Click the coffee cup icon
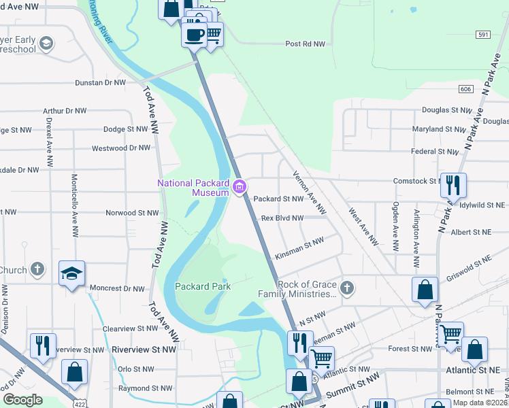(x=194, y=34)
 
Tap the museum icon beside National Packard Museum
(x=240, y=187)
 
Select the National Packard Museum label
(x=193, y=188)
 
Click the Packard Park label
(x=202, y=286)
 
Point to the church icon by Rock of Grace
(x=347, y=288)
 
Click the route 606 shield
(x=465, y=89)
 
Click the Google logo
(x=22, y=400)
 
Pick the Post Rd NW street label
(x=306, y=44)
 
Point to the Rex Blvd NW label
(x=282, y=218)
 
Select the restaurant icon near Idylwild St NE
(x=453, y=185)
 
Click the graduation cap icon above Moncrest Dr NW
(x=72, y=273)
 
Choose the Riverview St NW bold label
(x=144, y=349)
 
